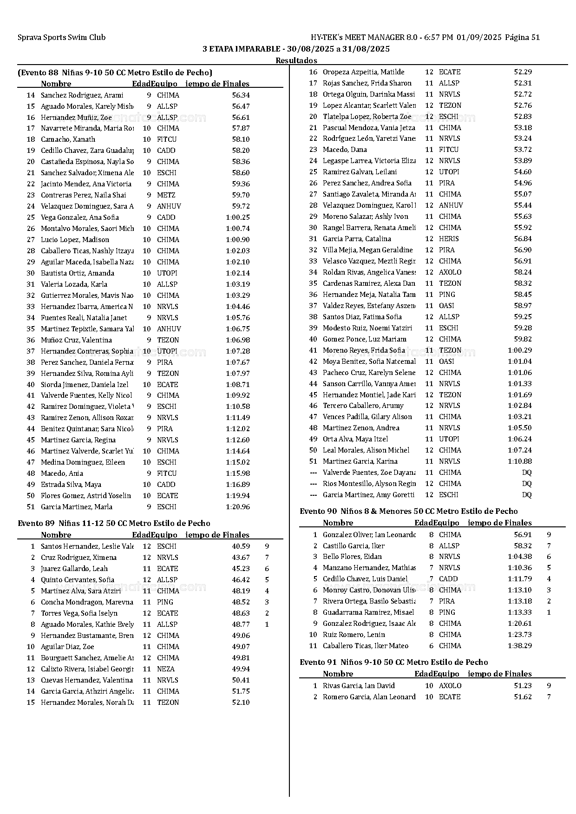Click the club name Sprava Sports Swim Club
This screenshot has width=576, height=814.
coord(61,38)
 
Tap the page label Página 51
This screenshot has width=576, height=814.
coord(522,38)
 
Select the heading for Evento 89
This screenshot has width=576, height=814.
coord(114,523)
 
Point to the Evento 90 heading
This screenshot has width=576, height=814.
coord(408,511)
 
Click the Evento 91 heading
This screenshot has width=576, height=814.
coord(393,662)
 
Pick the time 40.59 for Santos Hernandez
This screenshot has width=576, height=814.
coord(241,546)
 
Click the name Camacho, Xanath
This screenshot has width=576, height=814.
coord(68,139)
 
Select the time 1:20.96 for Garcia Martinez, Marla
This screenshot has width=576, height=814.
coord(238,507)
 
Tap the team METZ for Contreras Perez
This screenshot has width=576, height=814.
coord(166,195)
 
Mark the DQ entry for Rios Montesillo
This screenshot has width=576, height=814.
coord(526,484)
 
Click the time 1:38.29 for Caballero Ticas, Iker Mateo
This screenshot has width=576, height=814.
coord(520,646)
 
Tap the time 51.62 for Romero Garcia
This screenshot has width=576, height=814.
coord(523,697)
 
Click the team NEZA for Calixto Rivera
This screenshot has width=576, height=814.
coord(166,669)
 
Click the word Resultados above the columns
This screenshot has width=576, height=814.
coord(296,60)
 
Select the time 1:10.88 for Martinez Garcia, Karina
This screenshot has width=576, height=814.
coord(520,461)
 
